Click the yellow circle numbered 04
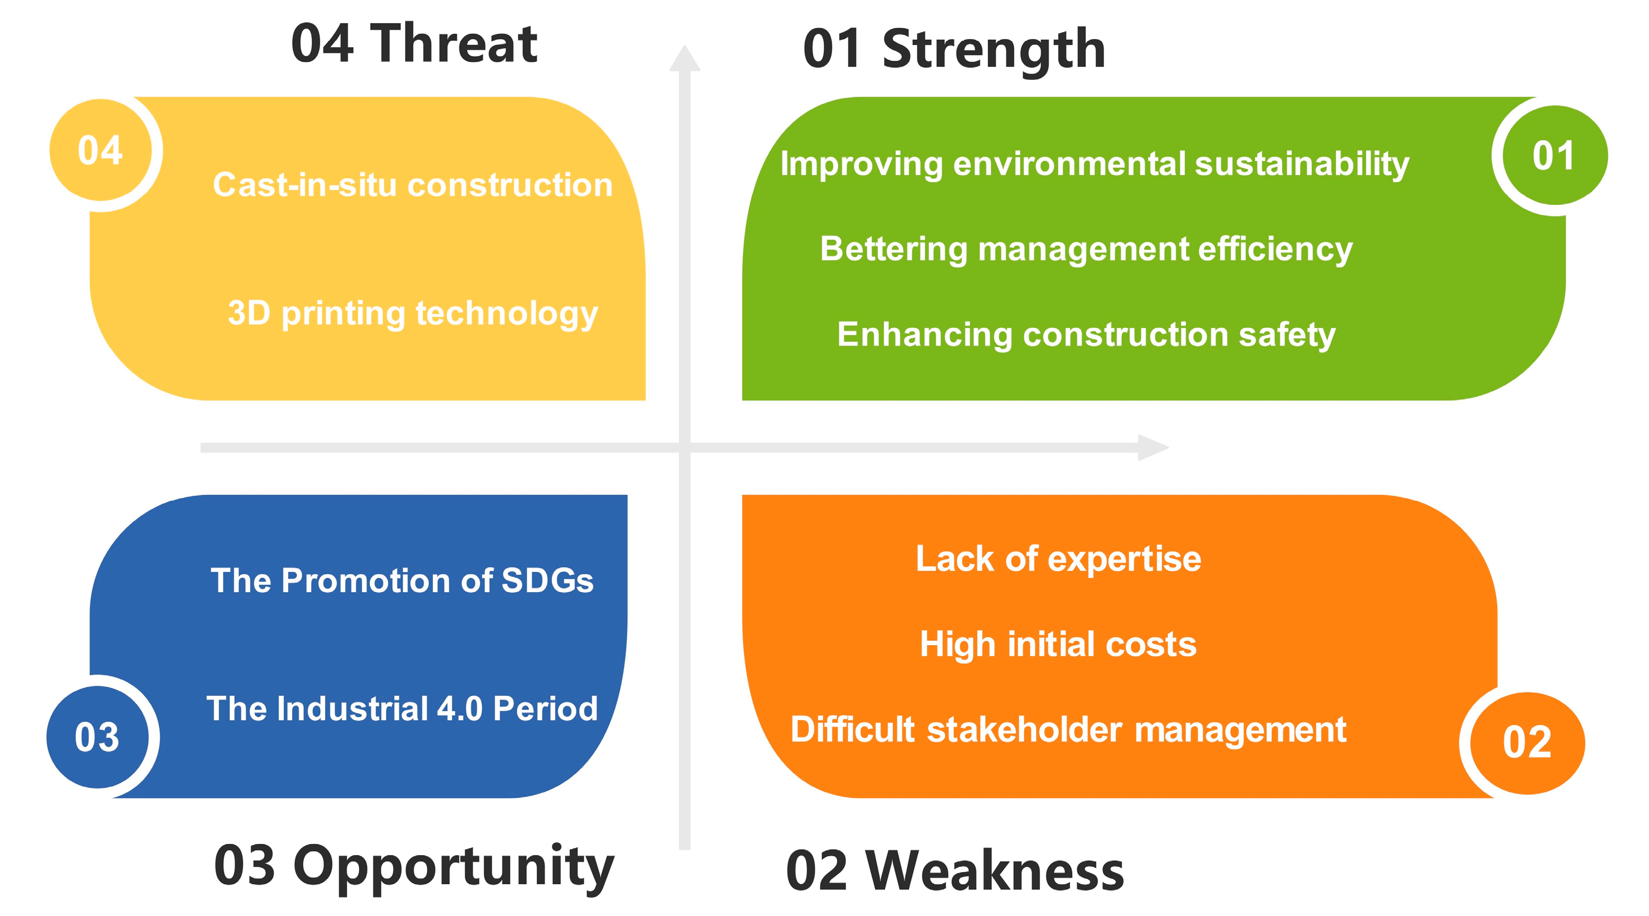coord(101,150)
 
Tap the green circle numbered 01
coord(1555,156)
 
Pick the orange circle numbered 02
coord(1527,743)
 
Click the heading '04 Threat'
coord(414,43)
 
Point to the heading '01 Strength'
coord(954,50)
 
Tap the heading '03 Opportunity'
coord(414,867)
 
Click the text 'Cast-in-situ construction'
coord(413,185)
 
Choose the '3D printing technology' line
coord(413,314)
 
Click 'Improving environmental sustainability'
coord(1095,164)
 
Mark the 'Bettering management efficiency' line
coord(1086,249)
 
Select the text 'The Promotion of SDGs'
coord(402,581)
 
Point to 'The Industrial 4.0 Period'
coord(402,709)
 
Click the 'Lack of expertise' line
coord(1058,559)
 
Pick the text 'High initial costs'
coord(1058,644)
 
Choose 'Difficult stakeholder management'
coord(1068,730)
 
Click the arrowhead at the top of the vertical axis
coord(685,58)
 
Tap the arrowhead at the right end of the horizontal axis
coord(1154,448)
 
